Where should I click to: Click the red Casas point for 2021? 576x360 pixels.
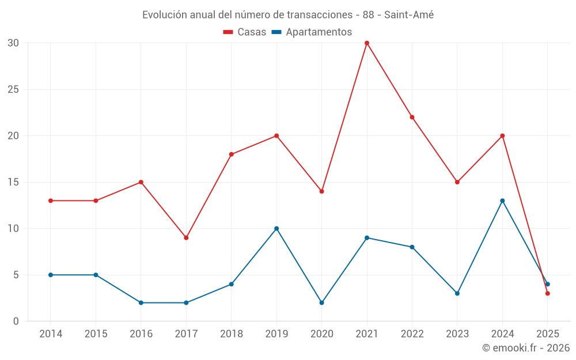point(367,43)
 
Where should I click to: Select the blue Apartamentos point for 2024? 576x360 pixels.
point(502,200)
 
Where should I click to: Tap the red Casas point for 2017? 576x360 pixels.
point(186,237)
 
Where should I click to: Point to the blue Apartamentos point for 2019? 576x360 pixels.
point(276,229)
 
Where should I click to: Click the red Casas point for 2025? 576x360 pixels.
point(548,293)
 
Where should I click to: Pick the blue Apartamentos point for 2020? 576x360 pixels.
point(321,302)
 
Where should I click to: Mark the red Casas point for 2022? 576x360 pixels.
point(412,117)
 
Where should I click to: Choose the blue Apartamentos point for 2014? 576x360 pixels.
point(51,275)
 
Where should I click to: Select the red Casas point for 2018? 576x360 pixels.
point(231,154)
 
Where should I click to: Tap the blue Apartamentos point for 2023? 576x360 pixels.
point(457,293)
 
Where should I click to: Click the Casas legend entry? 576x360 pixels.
point(245,32)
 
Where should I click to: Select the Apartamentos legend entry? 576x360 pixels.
point(312,32)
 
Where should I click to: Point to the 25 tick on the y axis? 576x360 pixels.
point(13,89)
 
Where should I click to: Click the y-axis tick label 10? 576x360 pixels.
point(13,229)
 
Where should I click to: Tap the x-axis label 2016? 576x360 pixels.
point(141,334)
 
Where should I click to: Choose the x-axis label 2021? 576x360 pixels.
point(367,334)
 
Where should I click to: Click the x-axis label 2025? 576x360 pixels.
point(548,334)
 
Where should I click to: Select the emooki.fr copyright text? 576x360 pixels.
point(526,348)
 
